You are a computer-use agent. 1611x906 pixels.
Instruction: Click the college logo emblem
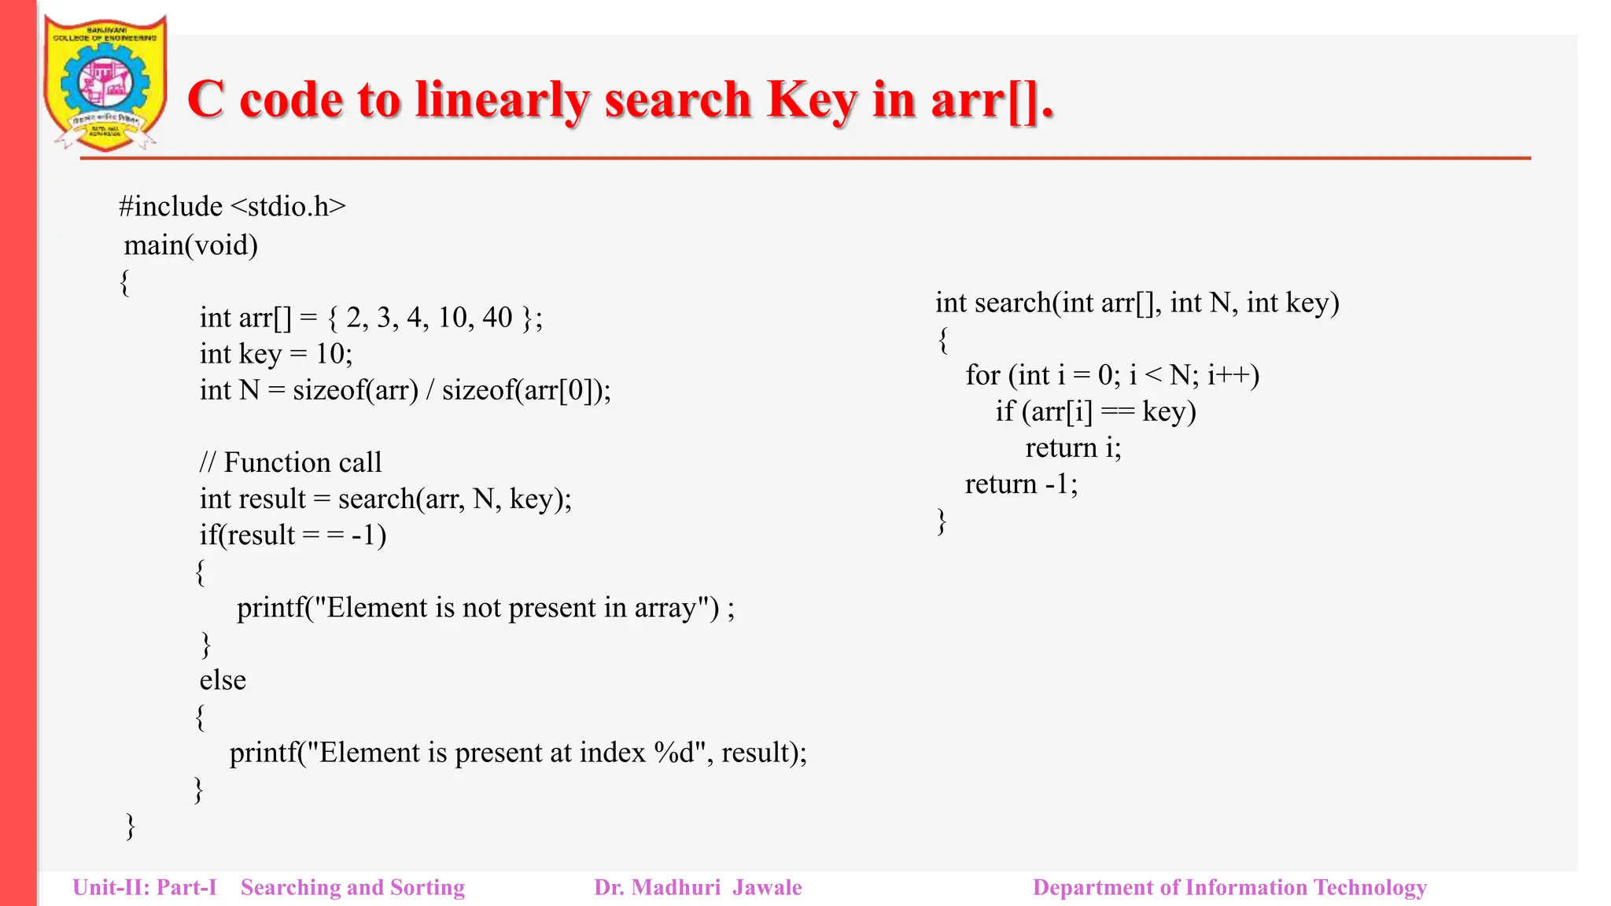click(x=105, y=83)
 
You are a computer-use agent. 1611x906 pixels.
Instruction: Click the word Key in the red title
click(x=811, y=100)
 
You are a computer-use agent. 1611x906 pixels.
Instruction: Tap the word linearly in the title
click(x=503, y=100)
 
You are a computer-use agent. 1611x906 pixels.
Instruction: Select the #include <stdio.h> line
click(x=232, y=206)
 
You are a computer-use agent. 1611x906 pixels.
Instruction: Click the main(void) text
click(x=191, y=245)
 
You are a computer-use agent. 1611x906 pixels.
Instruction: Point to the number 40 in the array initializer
click(x=497, y=318)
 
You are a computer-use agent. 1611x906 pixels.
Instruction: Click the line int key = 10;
click(x=276, y=354)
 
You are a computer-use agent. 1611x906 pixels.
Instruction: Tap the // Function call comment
click(x=291, y=462)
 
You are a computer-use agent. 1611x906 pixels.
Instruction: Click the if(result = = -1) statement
click(x=293, y=536)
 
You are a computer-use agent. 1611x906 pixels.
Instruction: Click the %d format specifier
click(x=674, y=753)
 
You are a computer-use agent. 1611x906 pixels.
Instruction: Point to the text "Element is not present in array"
click(x=512, y=608)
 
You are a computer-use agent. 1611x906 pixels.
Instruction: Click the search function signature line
click(x=1137, y=303)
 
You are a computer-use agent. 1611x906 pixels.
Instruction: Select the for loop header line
click(x=1112, y=375)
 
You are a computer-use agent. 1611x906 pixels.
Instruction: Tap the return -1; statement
click(x=1021, y=484)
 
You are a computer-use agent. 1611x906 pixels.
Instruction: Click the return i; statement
click(x=1073, y=447)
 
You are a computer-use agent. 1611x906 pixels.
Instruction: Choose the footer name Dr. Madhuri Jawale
click(x=698, y=888)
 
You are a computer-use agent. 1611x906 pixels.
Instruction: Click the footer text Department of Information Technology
click(x=1229, y=888)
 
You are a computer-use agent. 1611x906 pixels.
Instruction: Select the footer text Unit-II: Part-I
click(x=145, y=888)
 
